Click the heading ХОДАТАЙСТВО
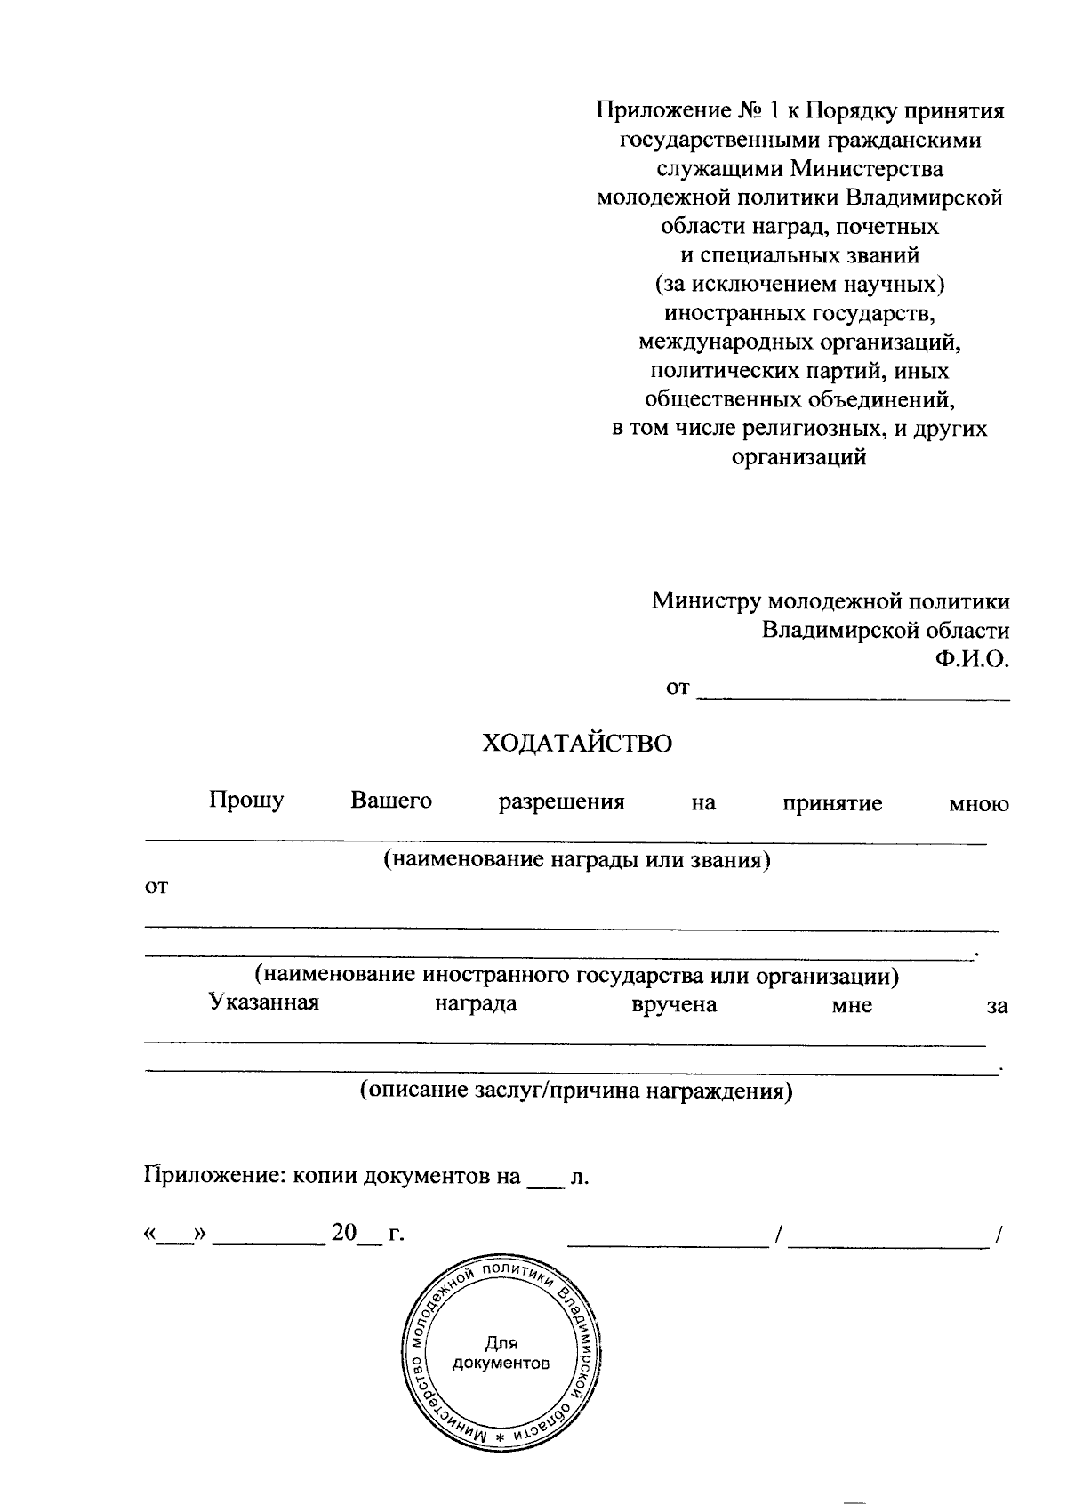(576, 744)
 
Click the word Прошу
(246, 801)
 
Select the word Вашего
(391, 801)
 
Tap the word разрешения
(561, 802)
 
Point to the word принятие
(832, 803)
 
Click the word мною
(978, 804)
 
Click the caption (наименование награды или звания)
(576, 860)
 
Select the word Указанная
(264, 1004)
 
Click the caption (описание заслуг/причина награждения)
(576, 1091)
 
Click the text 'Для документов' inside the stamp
(501, 1353)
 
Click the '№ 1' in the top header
(757, 111)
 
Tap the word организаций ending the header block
(798, 458)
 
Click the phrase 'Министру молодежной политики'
(830, 601)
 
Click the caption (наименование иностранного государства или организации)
(576, 976)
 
